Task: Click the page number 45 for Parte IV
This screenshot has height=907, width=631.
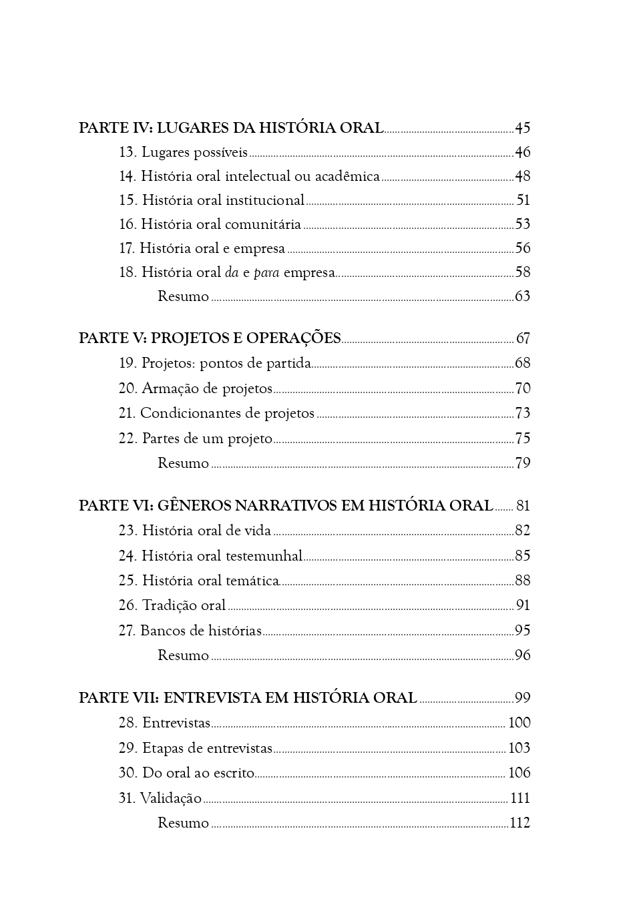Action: (x=522, y=128)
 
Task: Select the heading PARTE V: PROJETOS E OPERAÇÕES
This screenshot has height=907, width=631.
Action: (x=210, y=338)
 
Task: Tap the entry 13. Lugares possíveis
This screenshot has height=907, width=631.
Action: (x=184, y=153)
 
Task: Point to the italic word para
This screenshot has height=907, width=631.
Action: (x=266, y=273)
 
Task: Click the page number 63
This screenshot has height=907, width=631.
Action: (x=522, y=296)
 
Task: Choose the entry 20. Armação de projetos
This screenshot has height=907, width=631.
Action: (x=196, y=388)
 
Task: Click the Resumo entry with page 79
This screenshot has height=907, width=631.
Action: (x=183, y=463)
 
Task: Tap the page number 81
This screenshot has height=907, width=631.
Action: (x=523, y=506)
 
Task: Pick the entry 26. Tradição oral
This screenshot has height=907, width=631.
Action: (x=172, y=605)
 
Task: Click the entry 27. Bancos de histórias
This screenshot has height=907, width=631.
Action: (x=190, y=631)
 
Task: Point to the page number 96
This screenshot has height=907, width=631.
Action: (x=522, y=655)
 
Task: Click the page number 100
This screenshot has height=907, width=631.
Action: (x=519, y=723)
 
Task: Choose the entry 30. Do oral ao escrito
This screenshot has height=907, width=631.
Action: (x=186, y=773)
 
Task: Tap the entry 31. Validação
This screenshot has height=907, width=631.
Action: (x=160, y=798)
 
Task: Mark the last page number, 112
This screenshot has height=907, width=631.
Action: (x=519, y=823)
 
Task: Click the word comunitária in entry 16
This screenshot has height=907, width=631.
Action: (x=263, y=225)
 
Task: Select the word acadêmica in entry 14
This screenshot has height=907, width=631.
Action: (x=347, y=177)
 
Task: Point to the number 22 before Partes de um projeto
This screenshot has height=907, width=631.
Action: (x=128, y=438)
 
